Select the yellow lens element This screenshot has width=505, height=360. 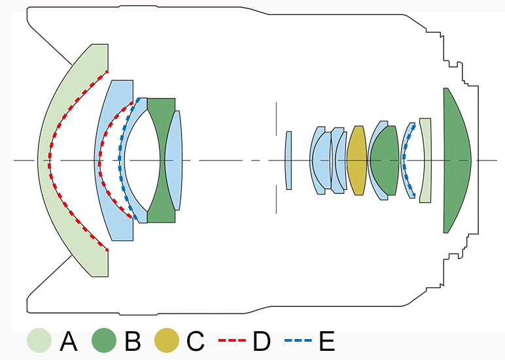point(357,160)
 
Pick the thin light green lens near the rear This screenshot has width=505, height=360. point(425,160)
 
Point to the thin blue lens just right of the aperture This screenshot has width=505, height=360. point(288,160)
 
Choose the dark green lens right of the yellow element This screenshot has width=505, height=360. point(385,160)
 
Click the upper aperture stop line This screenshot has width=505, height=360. point(276,119)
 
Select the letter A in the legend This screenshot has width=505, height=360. point(69,340)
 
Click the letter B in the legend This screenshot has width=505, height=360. point(133,340)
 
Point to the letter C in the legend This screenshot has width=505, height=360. point(195,340)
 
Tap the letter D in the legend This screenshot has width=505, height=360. point(262,340)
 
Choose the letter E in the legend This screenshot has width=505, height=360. point(327,340)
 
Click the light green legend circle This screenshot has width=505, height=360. point(39,340)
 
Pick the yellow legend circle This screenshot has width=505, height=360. point(167,340)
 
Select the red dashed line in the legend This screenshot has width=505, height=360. point(232,340)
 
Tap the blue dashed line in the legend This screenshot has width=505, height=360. point(298,340)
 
